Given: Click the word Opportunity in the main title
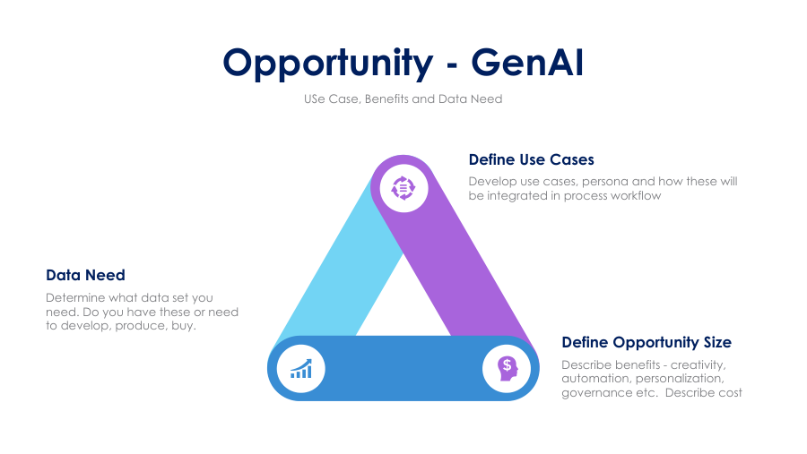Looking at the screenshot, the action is coord(328,64).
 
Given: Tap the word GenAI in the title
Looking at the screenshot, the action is coord(527,62).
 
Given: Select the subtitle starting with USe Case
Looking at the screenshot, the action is coord(403,99).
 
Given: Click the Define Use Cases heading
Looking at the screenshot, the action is coord(531,159).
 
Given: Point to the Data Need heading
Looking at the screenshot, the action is coord(85,275).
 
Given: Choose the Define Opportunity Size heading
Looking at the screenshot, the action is coord(646,342).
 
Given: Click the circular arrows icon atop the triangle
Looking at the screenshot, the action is coord(403,188).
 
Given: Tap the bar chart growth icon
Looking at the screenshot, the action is coord(301,369).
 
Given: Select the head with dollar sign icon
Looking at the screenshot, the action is coord(507,369).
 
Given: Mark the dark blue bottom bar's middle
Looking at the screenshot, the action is coord(403,368).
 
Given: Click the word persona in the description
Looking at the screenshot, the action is coord(604,182).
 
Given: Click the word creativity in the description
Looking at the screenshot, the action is coord(698,365).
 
